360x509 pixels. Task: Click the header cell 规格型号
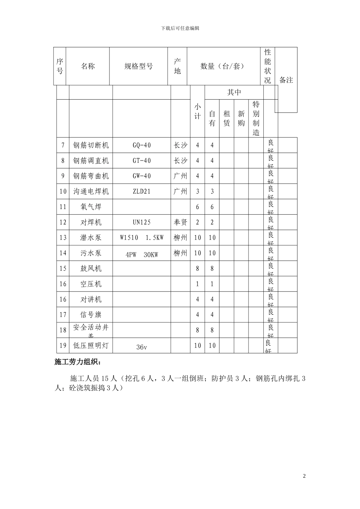coord(139,66)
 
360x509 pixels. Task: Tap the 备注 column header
coord(286,80)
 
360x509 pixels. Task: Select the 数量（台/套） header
coord(222,66)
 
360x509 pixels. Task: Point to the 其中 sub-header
coord(234,92)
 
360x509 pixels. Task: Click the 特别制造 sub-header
coord(256,119)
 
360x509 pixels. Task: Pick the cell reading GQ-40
coord(142,145)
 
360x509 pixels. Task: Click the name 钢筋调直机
coord(91,161)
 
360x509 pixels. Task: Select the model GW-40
coord(142,176)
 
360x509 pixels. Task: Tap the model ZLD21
coord(142,191)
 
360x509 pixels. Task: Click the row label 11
coord(63,207)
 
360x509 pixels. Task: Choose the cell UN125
coord(142,222)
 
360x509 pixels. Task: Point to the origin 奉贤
coord(180,222)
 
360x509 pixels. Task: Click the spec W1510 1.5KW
coord(142,238)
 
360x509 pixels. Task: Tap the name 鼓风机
coord(91,269)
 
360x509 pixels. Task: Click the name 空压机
coord(91,284)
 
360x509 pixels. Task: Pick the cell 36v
coord(142,347)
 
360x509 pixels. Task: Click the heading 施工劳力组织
coord(78,362)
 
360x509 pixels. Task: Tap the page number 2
coord(304,476)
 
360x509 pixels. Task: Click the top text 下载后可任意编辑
coord(180,28)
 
